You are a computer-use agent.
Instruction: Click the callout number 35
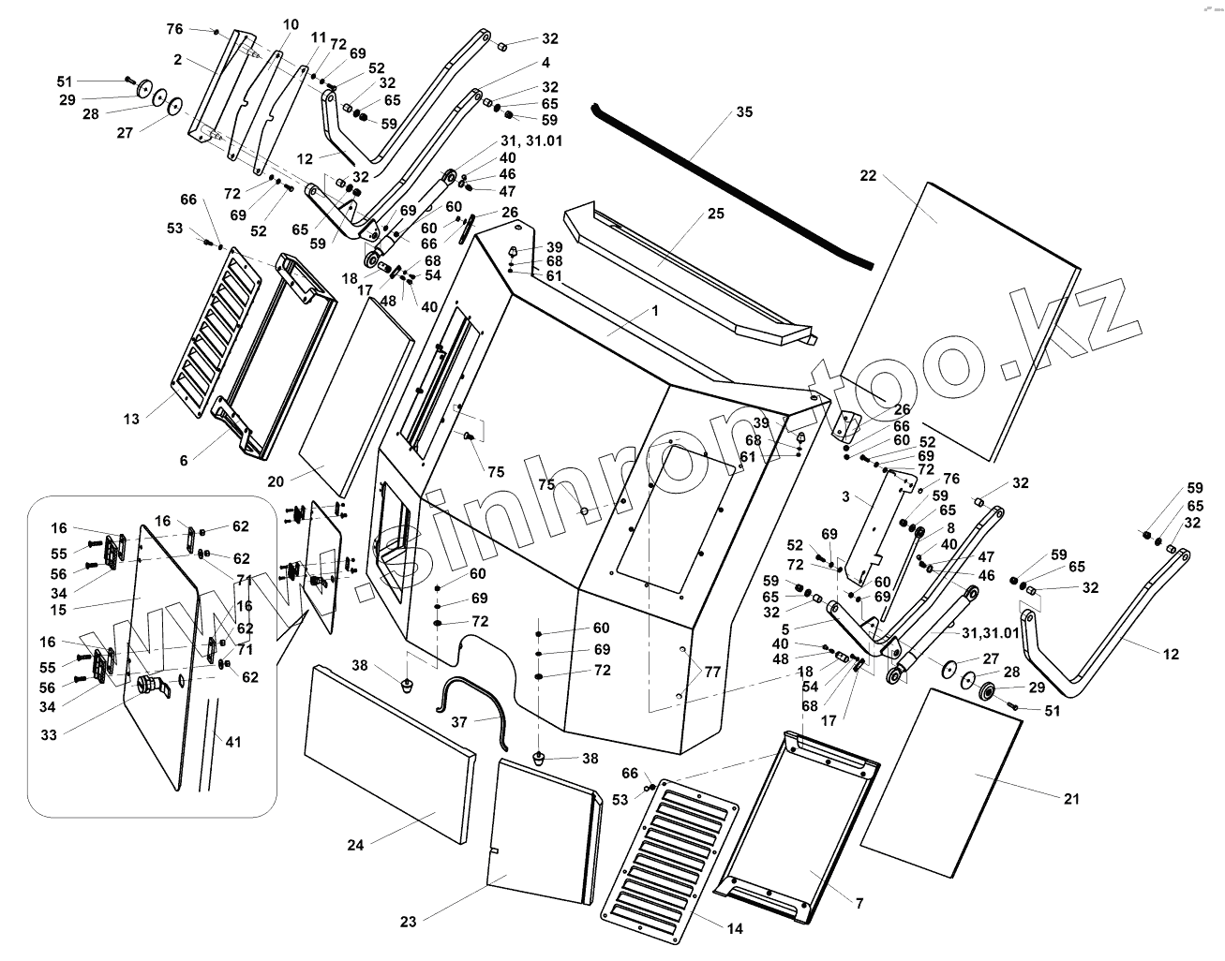click(744, 112)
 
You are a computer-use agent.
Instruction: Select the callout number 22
click(868, 175)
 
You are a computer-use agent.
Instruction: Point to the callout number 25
click(716, 214)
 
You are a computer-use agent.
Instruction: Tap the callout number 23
click(408, 922)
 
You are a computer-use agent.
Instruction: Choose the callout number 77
click(713, 671)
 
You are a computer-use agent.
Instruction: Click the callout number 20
click(275, 481)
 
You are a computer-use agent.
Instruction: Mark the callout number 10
click(290, 23)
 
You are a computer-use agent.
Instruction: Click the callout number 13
click(132, 419)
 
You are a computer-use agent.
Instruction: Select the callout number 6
click(184, 460)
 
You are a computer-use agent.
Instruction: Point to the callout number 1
click(655, 309)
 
